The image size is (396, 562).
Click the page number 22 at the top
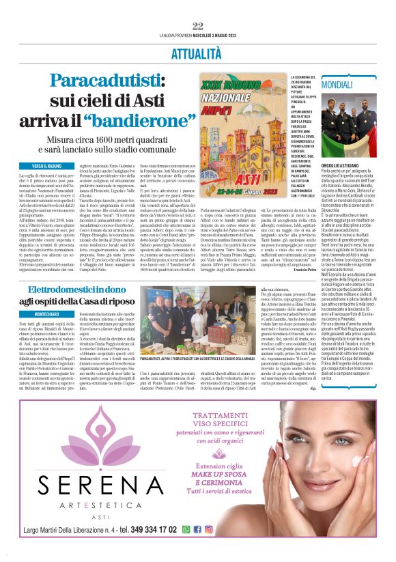[x=198, y=26]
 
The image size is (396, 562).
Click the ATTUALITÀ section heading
[x=197, y=53]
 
